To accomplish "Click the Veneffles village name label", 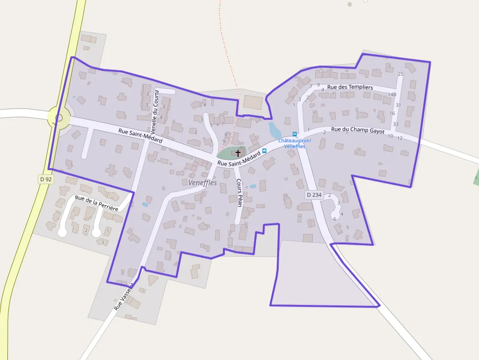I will tap(202, 182).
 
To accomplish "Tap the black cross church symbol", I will tap(238, 153).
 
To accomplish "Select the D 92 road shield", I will tap(46, 179).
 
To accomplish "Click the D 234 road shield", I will tap(314, 195).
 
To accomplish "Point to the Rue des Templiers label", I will tap(350, 87).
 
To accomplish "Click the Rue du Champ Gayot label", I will tap(358, 130).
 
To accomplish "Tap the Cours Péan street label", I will tap(239, 192).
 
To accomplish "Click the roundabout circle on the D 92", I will tap(59, 118).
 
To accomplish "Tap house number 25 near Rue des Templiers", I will tap(401, 74).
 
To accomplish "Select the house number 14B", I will tap(392, 94).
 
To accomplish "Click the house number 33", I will tap(395, 124).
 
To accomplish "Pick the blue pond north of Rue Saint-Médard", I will tap(274, 130).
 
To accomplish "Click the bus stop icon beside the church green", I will tap(264, 151).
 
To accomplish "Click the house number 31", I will tap(398, 105).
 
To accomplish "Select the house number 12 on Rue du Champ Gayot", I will tap(400, 138).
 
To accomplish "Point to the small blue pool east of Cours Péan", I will tap(253, 186).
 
